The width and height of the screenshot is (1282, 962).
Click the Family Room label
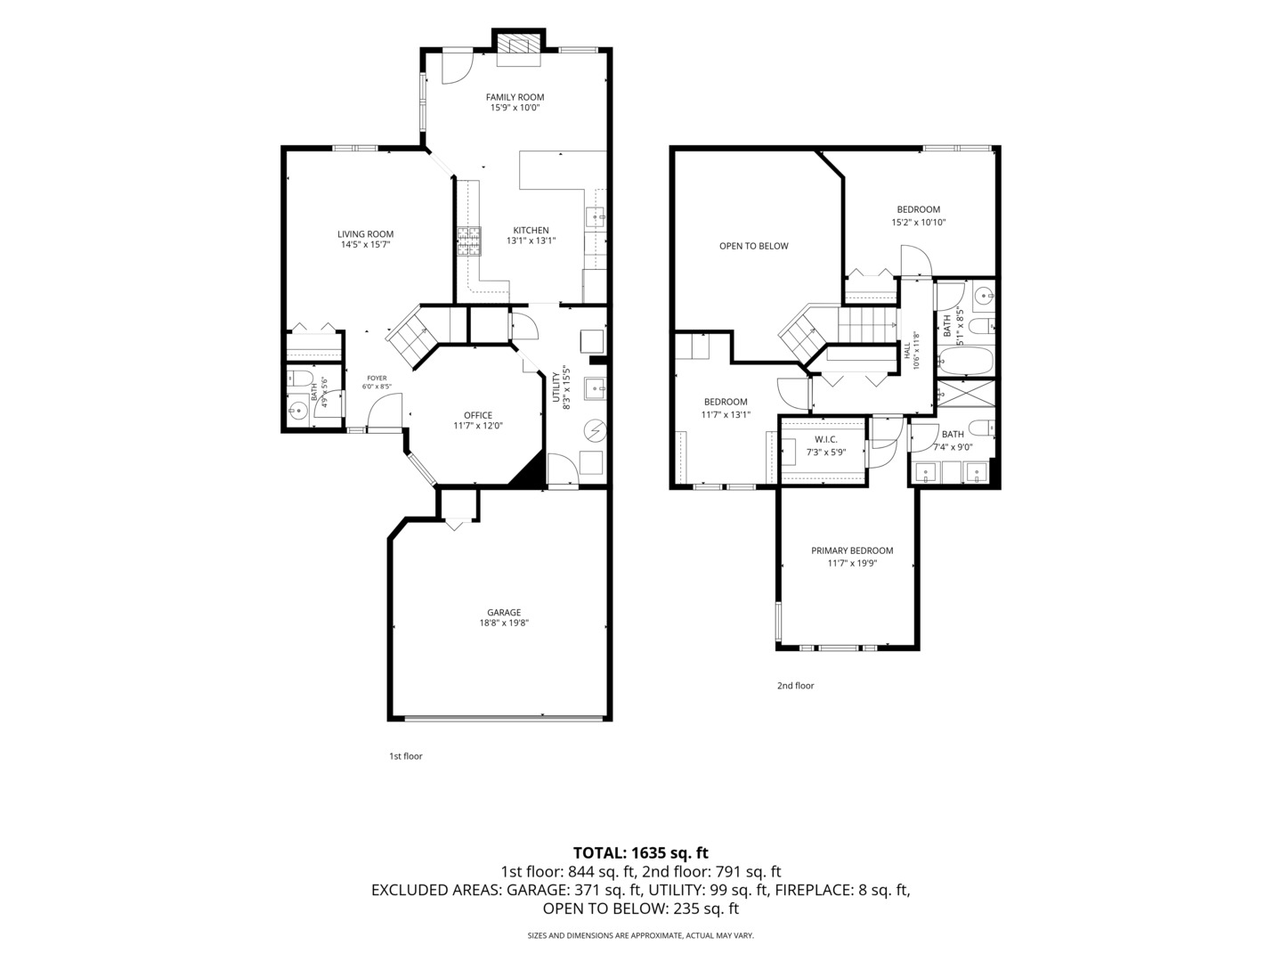515,97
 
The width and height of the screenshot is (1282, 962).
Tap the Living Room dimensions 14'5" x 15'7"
365,245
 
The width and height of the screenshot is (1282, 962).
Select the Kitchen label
531,230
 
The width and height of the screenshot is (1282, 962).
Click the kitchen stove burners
469,241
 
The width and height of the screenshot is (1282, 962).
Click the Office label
478,415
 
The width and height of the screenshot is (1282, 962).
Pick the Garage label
504,612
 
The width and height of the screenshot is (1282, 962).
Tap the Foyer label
377,378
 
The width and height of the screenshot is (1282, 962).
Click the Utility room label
556,387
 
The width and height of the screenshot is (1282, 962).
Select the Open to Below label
753,246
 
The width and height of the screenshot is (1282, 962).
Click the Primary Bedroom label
852,550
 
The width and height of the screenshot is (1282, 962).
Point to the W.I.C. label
826,439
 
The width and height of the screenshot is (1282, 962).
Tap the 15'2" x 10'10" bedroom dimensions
918,222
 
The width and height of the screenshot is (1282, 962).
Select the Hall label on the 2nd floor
906,351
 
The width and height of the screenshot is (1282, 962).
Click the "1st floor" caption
405,756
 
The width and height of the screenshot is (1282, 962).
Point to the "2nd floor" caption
795,685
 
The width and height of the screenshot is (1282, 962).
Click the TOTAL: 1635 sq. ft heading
641,852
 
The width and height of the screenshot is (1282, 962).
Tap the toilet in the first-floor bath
301,378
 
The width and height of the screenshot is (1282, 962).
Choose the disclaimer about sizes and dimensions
641,935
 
